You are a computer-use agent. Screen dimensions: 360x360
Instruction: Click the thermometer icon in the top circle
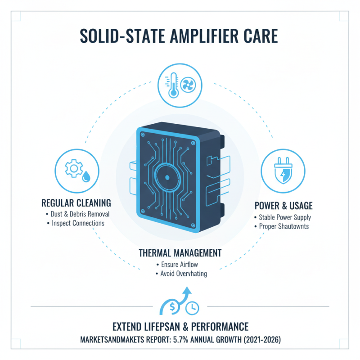click(x=173, y=85)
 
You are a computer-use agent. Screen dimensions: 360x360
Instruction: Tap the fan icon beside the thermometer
click(x=188, y=85)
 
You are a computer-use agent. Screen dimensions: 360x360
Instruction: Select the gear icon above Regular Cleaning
click(x=74, y=168)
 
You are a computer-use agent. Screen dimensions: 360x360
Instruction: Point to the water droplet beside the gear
click(x=86, y=176)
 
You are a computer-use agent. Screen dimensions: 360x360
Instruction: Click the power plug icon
click(x=283, y=171)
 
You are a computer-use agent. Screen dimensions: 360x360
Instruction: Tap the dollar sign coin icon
click(x=173, y=307)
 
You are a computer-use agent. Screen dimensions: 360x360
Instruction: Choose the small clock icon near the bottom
click(x=192, y=308)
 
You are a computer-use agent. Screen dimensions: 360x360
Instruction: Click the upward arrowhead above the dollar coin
click(x=187, y=290)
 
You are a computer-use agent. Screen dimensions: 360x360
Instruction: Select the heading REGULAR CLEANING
click(x=76, y=203)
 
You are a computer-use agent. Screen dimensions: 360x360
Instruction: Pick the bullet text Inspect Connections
click(x=78, y=223)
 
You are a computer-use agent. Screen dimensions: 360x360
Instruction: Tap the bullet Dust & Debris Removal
click(x=80, y=214)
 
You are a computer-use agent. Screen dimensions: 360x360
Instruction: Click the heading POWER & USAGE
click(x=283, y=206)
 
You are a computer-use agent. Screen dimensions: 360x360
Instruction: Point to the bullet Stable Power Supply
click(x=285, y=217)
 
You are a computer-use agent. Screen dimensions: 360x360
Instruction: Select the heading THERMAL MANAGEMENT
click(x=180, y=253)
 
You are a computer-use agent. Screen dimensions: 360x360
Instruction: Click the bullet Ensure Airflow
click(x=180, y=265)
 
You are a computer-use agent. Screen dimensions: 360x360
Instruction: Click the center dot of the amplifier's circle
click(x=167, y=177)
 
